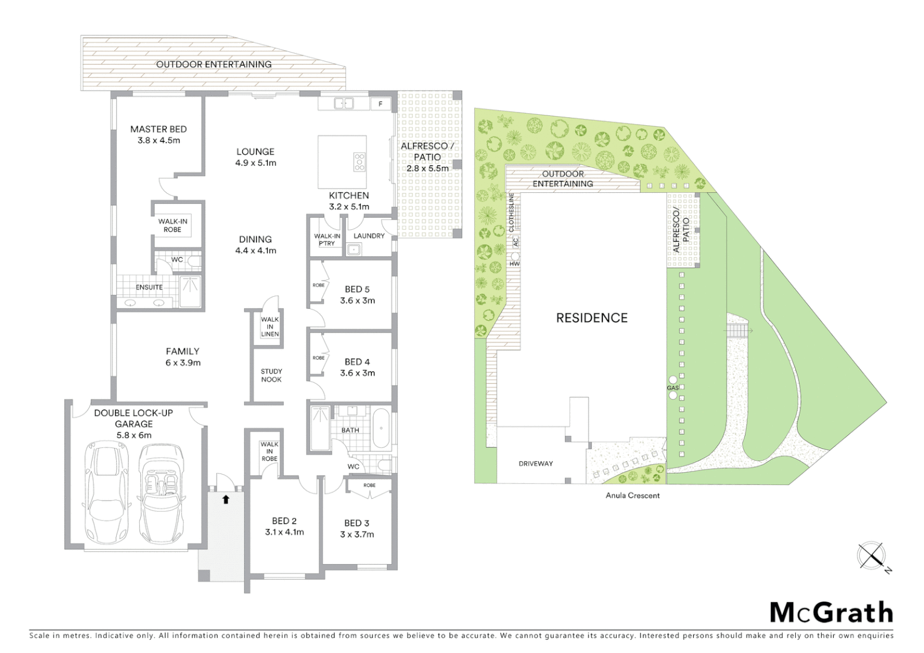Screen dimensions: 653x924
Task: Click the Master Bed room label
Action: click(158, 129)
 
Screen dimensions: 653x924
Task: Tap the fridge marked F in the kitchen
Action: click(380, 103)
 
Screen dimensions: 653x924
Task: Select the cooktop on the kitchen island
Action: click(359, 161)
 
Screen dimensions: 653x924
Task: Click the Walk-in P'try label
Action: click(327, 239)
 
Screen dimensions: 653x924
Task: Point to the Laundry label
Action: click(369, 236)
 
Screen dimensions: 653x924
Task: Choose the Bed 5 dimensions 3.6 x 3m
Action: click(357, 301)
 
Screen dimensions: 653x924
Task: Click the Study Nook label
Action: click(272, 375)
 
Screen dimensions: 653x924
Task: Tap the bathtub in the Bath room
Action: click(380, 429)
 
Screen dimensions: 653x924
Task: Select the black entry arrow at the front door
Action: click(226, 499)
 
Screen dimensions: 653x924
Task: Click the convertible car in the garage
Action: click(161, 493)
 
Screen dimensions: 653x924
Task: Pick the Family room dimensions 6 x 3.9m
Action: click(183, 363)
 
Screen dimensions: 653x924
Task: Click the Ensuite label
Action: click(149, 287)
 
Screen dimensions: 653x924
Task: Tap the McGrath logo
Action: click(831, 612)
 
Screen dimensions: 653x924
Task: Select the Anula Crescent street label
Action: click(633, 495)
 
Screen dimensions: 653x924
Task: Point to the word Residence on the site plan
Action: click(591, 318)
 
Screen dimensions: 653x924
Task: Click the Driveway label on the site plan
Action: click(536, 464)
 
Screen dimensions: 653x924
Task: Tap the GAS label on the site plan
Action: click(672, 388)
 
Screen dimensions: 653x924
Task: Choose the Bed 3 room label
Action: click(357, 523)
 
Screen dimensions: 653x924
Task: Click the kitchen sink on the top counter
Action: click(344, 103)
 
